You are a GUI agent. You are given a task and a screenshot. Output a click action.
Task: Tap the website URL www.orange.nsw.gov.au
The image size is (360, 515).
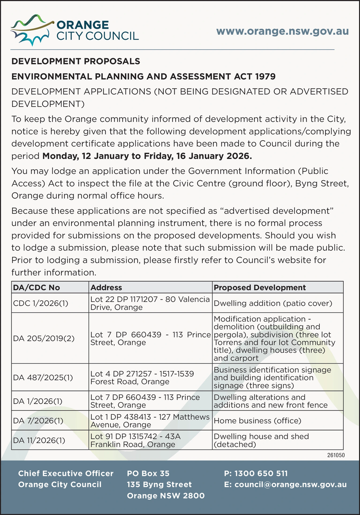pos(282,31)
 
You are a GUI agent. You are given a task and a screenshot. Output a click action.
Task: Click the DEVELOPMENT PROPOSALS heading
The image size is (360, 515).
pos(76,61)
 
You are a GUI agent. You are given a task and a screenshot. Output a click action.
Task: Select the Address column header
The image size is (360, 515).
pos(106,287)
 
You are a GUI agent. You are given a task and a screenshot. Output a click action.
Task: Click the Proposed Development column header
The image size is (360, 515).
pos(260,287)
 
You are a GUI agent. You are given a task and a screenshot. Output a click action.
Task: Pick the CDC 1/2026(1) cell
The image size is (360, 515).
pos(41,303)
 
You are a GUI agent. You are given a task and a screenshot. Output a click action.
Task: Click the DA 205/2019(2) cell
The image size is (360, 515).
pos(44,338)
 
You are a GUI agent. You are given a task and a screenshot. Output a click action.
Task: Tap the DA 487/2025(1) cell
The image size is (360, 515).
pos(43,378)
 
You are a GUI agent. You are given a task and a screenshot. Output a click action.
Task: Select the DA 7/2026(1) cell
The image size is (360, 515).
pos(38,421)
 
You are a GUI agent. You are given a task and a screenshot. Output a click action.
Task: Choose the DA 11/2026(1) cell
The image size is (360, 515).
pos(39,440)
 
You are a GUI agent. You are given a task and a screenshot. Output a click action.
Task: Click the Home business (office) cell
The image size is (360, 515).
pos(257,421)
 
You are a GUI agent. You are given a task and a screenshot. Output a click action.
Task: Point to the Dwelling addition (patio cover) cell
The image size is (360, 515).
pos(273,303)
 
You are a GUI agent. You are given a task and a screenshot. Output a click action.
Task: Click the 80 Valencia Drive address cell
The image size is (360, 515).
pos(150,303)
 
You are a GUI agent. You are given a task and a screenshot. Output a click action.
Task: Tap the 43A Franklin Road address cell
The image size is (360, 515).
pos(136,440)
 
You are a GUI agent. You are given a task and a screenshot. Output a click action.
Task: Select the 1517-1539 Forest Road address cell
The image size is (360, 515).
pos(142,378)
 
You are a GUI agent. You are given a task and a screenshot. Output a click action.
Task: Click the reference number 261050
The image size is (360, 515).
pos(336,455)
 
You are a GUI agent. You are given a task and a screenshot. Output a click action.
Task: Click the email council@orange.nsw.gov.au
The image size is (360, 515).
pos(285,484)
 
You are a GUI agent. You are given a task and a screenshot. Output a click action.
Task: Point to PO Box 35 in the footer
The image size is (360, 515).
pos(148,473)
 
